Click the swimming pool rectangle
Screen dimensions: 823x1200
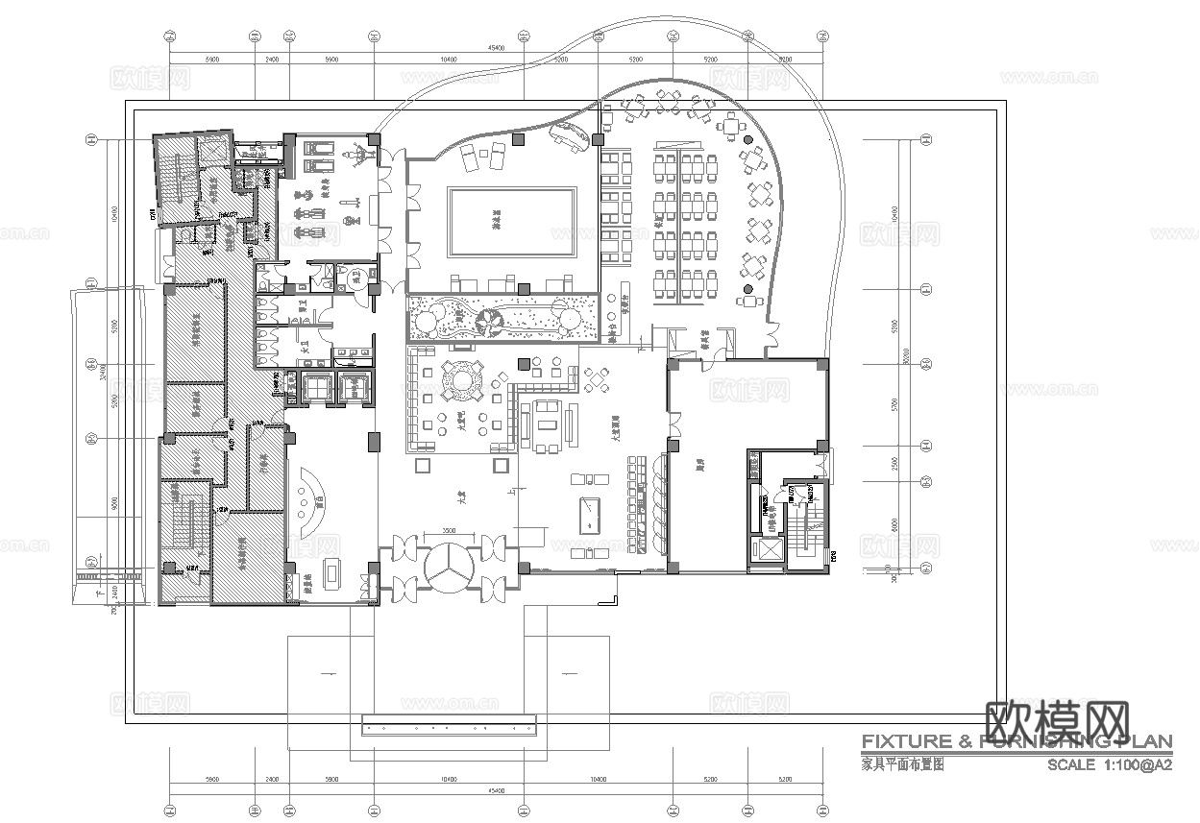point(512,222)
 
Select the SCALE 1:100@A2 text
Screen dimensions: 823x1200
point(1109,764)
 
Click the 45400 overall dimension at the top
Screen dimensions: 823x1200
point(496,47)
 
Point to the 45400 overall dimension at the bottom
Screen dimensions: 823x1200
point(496,790)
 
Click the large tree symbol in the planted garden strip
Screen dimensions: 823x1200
point(488,321)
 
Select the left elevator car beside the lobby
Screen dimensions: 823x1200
point(315,388)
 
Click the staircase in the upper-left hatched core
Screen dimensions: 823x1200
point(175,182)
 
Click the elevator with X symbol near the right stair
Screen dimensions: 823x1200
point(769,549)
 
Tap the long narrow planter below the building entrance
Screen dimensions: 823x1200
point(448,726)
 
